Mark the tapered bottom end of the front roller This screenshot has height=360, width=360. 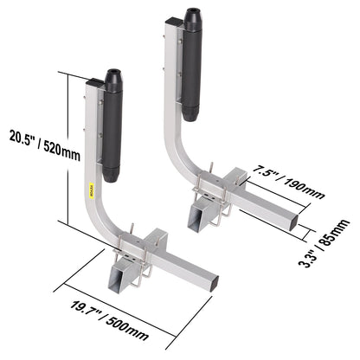click(112, 176)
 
